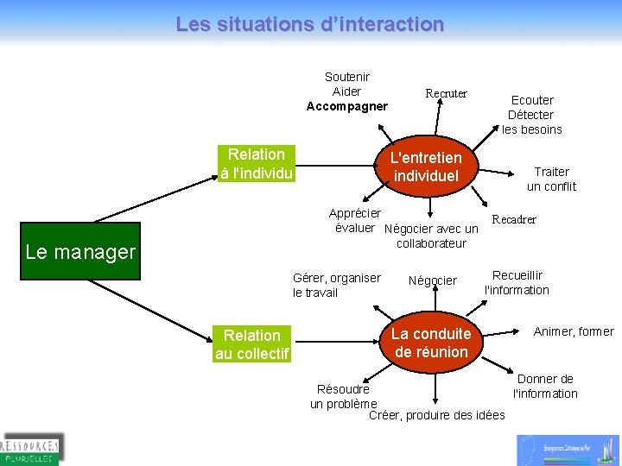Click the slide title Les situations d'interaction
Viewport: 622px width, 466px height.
tap(310, 24)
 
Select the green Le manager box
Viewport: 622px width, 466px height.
tap(80, 252)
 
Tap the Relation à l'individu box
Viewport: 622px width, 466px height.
tap(257, 164)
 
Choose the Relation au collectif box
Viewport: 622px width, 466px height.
tap(251, 343)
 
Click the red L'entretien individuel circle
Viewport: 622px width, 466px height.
tap(426, 167)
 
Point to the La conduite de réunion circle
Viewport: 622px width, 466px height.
tap(430, 343)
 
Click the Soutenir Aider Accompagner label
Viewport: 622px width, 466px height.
tap(346, 91)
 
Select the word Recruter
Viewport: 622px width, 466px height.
tap(446, 93)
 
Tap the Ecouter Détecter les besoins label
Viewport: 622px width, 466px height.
tap(531, 115)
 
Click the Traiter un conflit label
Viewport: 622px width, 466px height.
tap(551, 179)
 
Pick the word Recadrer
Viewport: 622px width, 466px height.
tap(514, 219)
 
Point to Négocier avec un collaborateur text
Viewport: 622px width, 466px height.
tap(430, 236)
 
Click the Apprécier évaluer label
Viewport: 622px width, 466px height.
tap(355, 220)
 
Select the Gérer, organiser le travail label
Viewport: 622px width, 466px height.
tap(336, 285)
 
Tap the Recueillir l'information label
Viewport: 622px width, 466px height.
tap(517, 283)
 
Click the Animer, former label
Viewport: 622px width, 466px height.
tap(574, 331)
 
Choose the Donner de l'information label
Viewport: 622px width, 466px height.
tap(545, 386)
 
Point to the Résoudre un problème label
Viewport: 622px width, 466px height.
tap(343, 396)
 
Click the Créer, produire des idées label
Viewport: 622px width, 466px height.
tap(436, 415)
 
